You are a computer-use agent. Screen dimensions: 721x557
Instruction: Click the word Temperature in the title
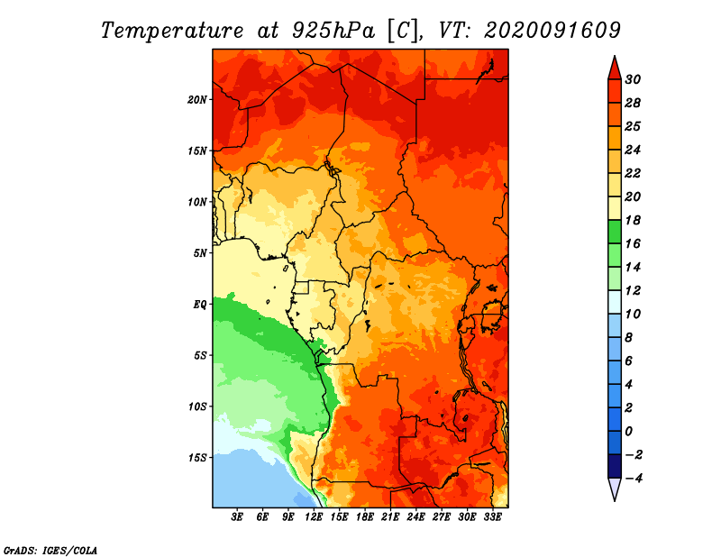click(172, 31)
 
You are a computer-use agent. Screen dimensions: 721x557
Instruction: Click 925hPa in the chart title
click(333, 31)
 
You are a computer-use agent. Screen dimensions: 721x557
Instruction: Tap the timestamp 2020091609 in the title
click(552, 30)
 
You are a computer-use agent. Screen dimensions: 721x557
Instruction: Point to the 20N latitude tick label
click(197, 99)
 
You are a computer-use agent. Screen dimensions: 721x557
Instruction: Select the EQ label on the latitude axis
click(199, 305)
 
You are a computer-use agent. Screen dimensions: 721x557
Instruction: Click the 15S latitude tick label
click(197, 458)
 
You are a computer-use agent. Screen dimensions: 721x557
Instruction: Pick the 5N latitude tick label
click(200, 253)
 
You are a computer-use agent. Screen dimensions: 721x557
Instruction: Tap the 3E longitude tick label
click(237, 516)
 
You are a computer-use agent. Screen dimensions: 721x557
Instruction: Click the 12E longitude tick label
click(314, 516)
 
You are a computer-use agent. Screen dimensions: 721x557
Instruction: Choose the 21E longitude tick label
click(390, 516)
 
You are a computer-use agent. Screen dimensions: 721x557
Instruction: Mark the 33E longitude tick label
click(492, 516)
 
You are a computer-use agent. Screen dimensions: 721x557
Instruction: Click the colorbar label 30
click(633, 79)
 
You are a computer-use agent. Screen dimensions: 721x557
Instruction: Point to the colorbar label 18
click(633, 220)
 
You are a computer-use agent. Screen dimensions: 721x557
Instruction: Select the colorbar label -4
click(634, 479)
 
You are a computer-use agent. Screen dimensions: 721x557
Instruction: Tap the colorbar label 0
click(628, 432)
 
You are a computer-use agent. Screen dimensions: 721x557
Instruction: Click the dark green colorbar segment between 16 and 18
click(615, 232)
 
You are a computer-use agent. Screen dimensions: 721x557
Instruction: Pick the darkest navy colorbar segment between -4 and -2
click(615, 466)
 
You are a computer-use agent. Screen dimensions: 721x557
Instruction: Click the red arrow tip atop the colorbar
click(615, 57)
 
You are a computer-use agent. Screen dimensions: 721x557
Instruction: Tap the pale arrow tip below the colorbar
click(615, 500)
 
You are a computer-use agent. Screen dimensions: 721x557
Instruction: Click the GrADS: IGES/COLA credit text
click(50, 550)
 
